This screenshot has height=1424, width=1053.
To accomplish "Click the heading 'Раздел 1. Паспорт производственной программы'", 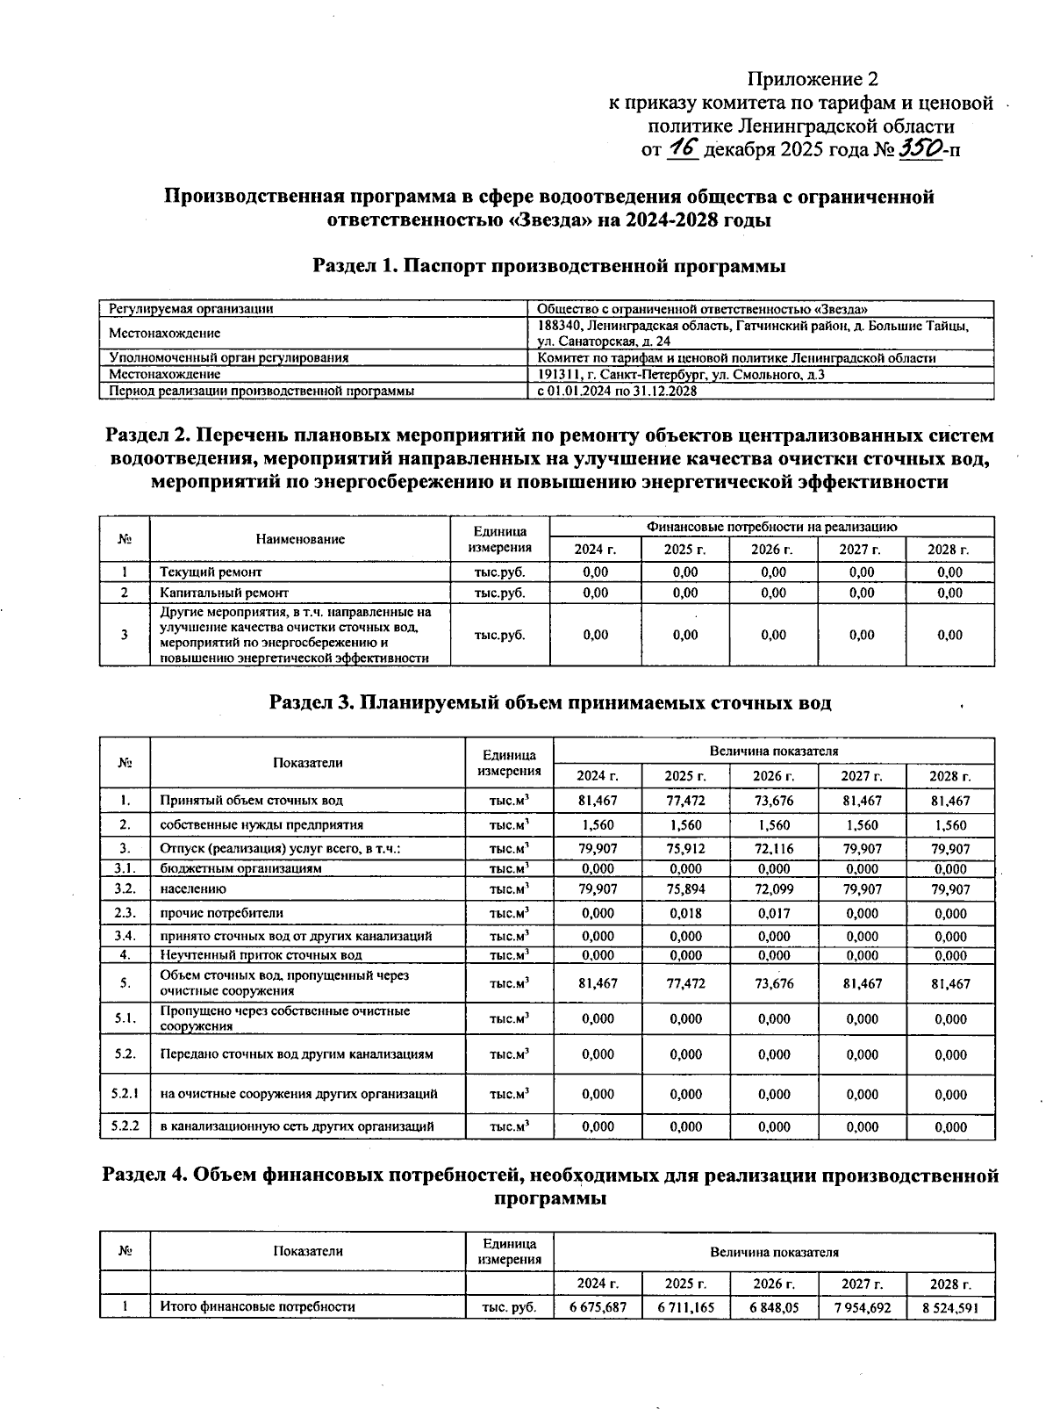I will click(x=548, y=266).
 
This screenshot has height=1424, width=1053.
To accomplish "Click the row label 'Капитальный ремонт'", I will click(x=224, y=593).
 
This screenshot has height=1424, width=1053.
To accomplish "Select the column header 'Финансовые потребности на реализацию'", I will click(x=771, y=527).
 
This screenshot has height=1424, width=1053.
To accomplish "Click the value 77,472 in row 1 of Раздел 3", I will click(x=685, y=801).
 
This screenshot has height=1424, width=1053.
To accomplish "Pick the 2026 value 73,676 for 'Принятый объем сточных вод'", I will click(x=773, y=801).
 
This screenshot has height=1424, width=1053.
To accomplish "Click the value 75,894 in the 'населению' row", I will click(x=685, y=889).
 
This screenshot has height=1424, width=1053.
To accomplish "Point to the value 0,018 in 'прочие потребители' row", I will click(x=685, y=913).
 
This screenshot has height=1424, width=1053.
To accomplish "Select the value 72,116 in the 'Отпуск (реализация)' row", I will click(x=773, y=849).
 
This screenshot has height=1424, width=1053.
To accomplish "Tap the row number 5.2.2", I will click(x=125, y=1126).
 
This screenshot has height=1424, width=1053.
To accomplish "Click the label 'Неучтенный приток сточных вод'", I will click(x=261, y=955).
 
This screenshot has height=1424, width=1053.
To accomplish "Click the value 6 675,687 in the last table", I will click(x=598, y=1307).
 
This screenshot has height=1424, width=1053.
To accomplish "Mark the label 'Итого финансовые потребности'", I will click(x=257, y=1307).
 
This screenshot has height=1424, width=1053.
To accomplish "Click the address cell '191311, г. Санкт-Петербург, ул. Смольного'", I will click(x=681, y=375).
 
